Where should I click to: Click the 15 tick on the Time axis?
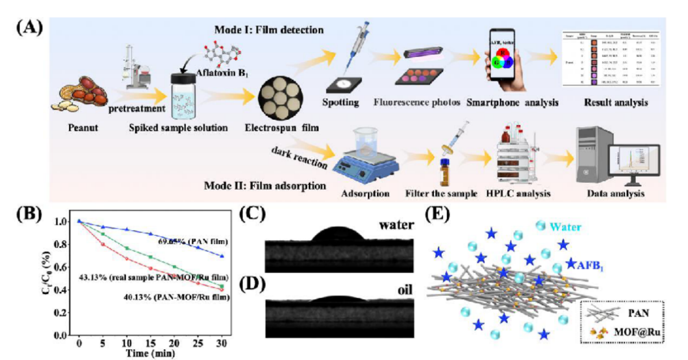tap(150, 344)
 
